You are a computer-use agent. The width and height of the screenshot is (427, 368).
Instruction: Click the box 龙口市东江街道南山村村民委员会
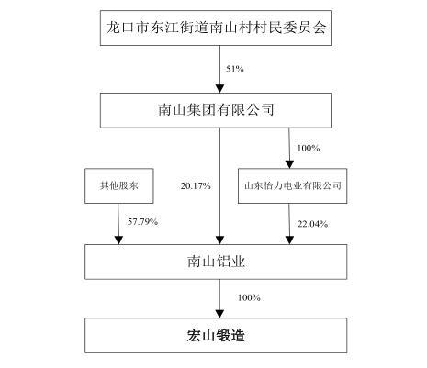216,28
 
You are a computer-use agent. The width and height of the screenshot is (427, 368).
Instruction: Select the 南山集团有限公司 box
216,110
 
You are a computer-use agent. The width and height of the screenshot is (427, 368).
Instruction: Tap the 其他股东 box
119,185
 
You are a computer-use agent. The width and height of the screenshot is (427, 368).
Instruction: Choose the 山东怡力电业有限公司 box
292,185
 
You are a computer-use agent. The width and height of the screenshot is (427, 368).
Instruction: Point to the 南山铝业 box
216,262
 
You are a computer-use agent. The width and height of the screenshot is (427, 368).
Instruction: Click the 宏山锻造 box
216,336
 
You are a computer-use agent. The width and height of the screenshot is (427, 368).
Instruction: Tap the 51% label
235,69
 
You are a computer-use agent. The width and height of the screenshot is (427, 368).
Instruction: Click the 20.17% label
196,185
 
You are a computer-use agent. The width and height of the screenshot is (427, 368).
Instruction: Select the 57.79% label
142,221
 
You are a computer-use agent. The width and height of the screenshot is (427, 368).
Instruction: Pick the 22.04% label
312,224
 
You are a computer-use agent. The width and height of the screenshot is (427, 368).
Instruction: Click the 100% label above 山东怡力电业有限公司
309,148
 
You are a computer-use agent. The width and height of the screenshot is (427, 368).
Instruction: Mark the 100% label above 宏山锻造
249,297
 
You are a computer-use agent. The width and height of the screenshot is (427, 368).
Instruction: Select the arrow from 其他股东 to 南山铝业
118,224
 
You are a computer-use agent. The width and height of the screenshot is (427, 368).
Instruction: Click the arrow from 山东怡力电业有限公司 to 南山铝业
289,224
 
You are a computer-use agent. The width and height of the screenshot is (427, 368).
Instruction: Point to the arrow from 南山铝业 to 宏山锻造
219,298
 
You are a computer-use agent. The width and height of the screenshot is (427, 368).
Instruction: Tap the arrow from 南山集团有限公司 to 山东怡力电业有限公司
289,148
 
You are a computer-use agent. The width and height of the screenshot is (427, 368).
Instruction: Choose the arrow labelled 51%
219,70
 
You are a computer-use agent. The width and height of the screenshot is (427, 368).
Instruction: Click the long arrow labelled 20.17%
219,186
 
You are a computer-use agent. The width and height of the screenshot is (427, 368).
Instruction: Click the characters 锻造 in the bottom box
230,336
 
